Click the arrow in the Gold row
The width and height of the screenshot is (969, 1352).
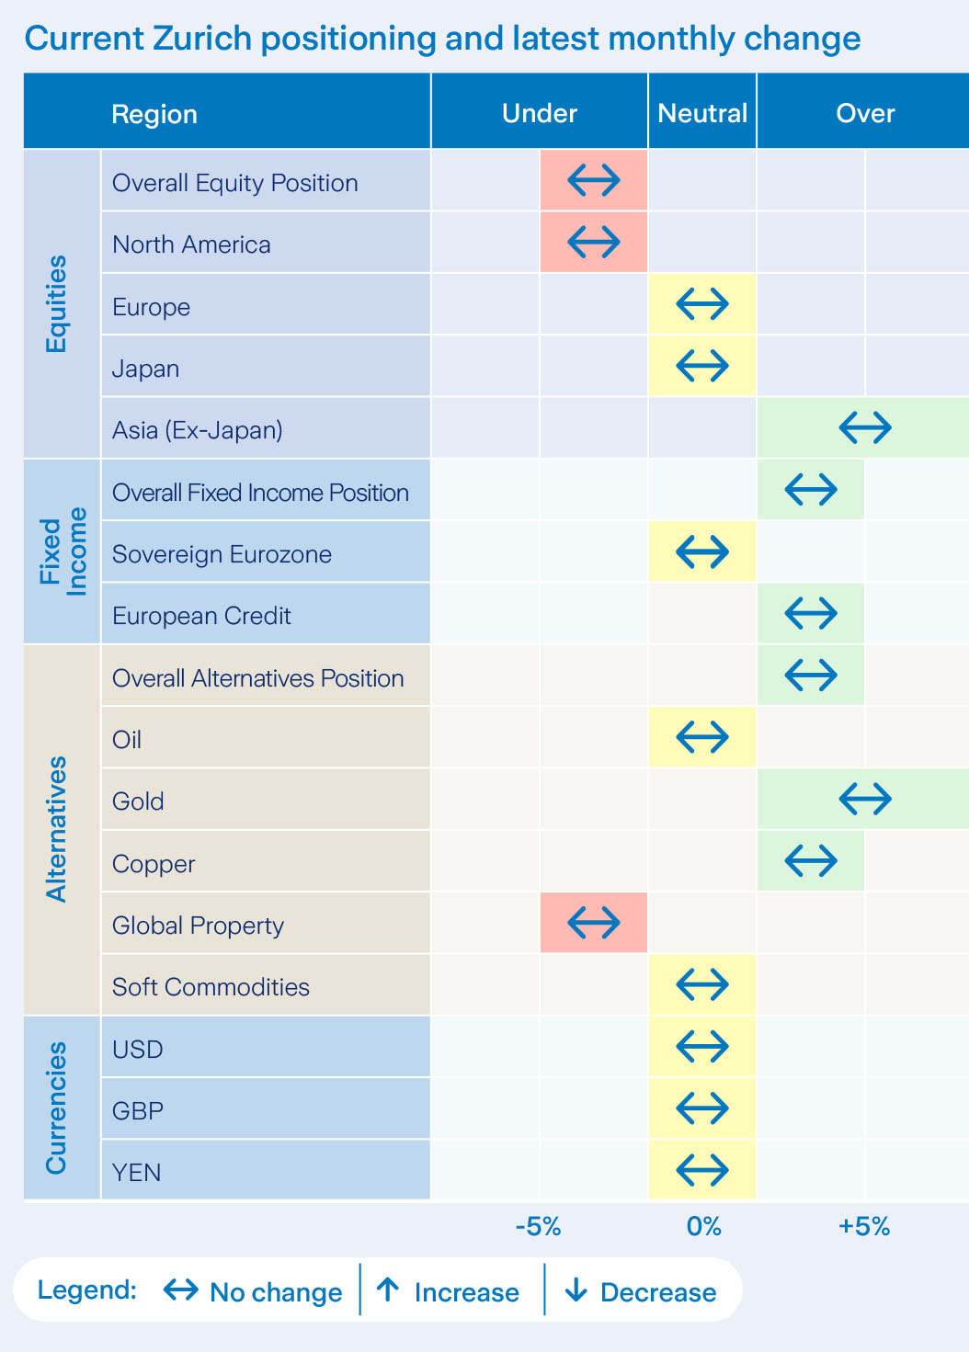coord(865,799)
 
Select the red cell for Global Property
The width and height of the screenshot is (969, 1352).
coord(594,922)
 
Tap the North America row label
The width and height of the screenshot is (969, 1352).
coord(191,244)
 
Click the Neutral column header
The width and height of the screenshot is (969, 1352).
coord(702,113)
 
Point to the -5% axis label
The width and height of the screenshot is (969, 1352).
coord(538,1226)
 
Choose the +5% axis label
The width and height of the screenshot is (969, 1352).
coord(864,1226)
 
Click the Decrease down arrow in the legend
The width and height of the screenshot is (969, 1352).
coord(576,1290)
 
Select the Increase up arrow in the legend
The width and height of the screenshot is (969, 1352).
coord(388,1290)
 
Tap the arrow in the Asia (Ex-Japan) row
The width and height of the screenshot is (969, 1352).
coord(865,426)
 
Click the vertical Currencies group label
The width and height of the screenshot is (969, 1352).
coord(57,1108)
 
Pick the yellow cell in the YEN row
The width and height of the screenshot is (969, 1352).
coord(702,1170)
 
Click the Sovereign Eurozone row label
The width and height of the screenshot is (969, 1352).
coord(222,554)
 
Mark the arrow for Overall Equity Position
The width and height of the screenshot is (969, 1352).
coord(594,180)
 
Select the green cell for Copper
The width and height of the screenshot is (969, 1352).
coord(811,861)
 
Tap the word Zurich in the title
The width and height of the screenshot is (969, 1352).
coord(202,39)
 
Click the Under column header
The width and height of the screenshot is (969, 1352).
coord(540,113)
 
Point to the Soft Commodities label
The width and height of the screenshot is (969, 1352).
coord(211,987)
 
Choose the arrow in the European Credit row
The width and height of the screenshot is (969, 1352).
coord(811,613)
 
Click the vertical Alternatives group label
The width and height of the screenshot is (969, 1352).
coord(57,829)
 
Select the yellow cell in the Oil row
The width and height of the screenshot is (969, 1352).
coord(702,737)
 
